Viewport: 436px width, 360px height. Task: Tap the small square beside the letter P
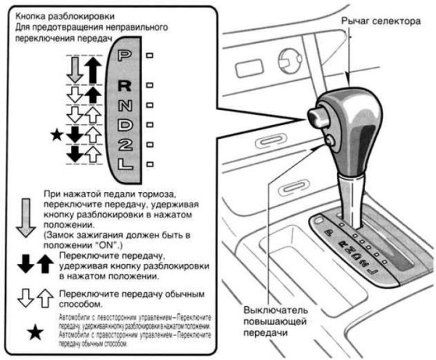(x=150, y=55)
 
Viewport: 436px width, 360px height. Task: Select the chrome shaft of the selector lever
(x=353, y=189)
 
